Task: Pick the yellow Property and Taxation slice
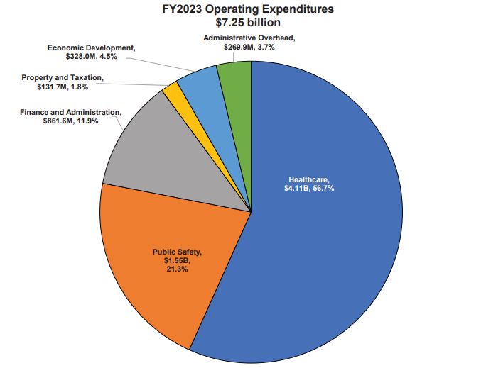171,92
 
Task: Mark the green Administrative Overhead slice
235,74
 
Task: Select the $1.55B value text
178,261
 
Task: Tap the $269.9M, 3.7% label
249,46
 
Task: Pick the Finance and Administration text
71,112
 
